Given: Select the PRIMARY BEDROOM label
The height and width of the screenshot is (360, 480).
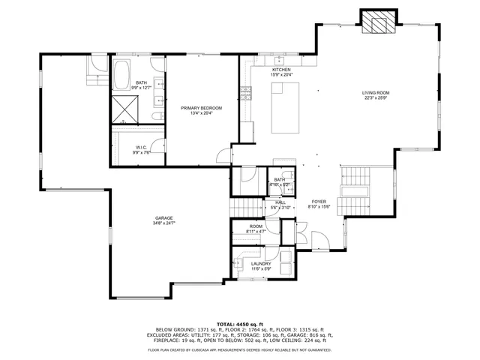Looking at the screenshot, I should pos(201,109).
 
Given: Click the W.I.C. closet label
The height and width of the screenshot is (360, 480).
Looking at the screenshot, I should pos(141,147).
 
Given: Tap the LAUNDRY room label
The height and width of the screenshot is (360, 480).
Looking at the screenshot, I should pos(261,263).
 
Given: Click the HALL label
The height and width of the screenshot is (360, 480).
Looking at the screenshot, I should pos(280,202).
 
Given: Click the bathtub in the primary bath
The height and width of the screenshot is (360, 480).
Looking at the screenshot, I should pos(121,75).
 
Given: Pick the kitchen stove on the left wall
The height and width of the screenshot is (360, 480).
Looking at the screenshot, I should pos(244,93).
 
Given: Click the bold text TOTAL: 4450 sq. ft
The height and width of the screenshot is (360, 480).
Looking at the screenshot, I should pos(240,323).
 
